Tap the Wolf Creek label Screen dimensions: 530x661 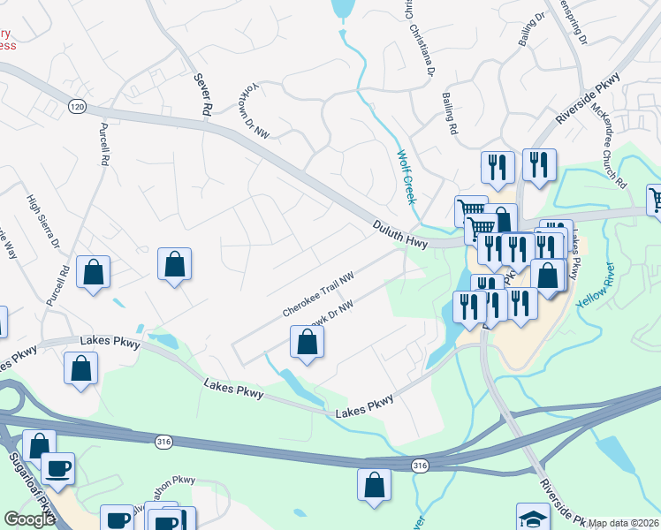tap(406, 178)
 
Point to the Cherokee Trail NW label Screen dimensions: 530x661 tap(318, 295)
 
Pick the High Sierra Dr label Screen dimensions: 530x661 tap(42, 222)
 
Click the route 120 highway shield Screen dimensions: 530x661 tap(77, 106)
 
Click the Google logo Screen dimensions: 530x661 tap(29, 519)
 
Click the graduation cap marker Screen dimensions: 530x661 tap(533, 517)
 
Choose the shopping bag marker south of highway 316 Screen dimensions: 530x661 tap(374, 485)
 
